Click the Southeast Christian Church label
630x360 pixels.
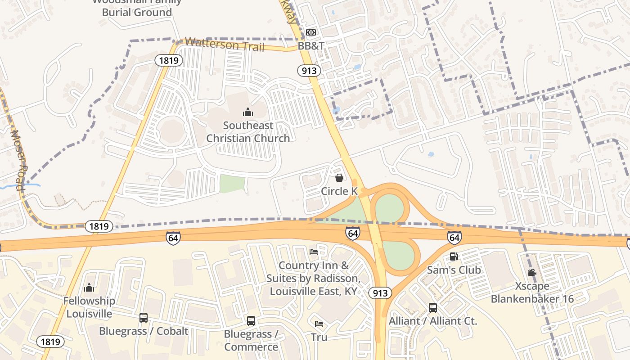coord(248,132)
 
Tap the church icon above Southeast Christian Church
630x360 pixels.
coord(248,112)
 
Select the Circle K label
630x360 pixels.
coord(339,191)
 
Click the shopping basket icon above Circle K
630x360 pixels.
coord(339,178)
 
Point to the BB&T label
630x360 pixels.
coord(311,46)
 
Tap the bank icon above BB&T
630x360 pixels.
coord(311,32)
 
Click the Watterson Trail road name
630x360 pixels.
coord(224,45)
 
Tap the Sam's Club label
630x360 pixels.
coord(454,270)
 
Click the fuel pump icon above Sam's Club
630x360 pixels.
coord(454,257)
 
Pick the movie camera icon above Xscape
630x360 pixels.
coord(532,272)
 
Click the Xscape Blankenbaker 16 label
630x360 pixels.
coord(532,292)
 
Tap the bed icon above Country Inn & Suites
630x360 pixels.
coord(314,252)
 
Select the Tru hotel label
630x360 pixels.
coord(319,337)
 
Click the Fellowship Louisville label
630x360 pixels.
coord(89,307)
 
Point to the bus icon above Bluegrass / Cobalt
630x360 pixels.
coord(144,318)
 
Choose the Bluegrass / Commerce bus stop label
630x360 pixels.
coord(251,341)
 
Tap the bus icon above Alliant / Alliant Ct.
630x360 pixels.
coord(432,308)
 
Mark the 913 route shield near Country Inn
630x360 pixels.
coord(380,293)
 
